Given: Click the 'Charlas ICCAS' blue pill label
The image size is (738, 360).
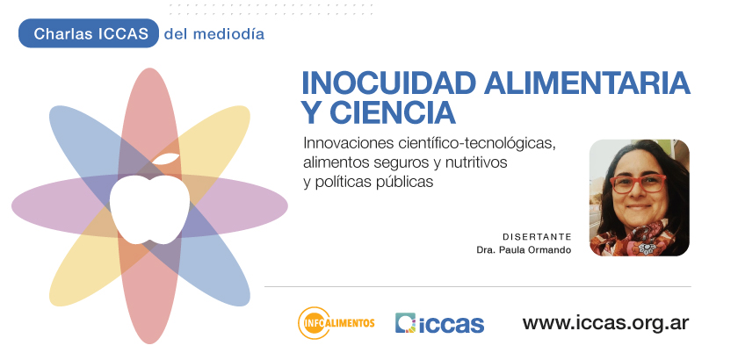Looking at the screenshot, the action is click(x=89, y=33).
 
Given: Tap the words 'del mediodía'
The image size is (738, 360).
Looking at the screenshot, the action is click(x=214, y=34).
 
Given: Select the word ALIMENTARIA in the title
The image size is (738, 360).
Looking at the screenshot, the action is click(x=587, y=83).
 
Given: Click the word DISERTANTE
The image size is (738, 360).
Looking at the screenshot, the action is click(x=537, y=237).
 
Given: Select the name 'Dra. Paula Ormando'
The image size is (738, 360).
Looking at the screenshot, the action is click(x=524, y=250).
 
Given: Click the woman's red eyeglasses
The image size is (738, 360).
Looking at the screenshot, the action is click(x=638, y=183).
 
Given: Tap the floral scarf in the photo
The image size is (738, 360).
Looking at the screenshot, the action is click(x=633, y=239).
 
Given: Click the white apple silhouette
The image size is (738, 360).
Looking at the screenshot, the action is click(x=149, y=209).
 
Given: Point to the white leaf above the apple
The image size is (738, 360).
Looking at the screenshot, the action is click(x=166, y=159).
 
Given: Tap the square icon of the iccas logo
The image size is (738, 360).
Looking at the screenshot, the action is click(x=405, y=323).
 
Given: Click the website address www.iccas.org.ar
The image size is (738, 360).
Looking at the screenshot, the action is click(x=605, y=323).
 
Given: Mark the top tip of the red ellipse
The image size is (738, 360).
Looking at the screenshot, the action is click(x=149, y=68).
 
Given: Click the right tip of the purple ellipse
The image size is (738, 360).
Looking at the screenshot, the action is click(x=287, y=206).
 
